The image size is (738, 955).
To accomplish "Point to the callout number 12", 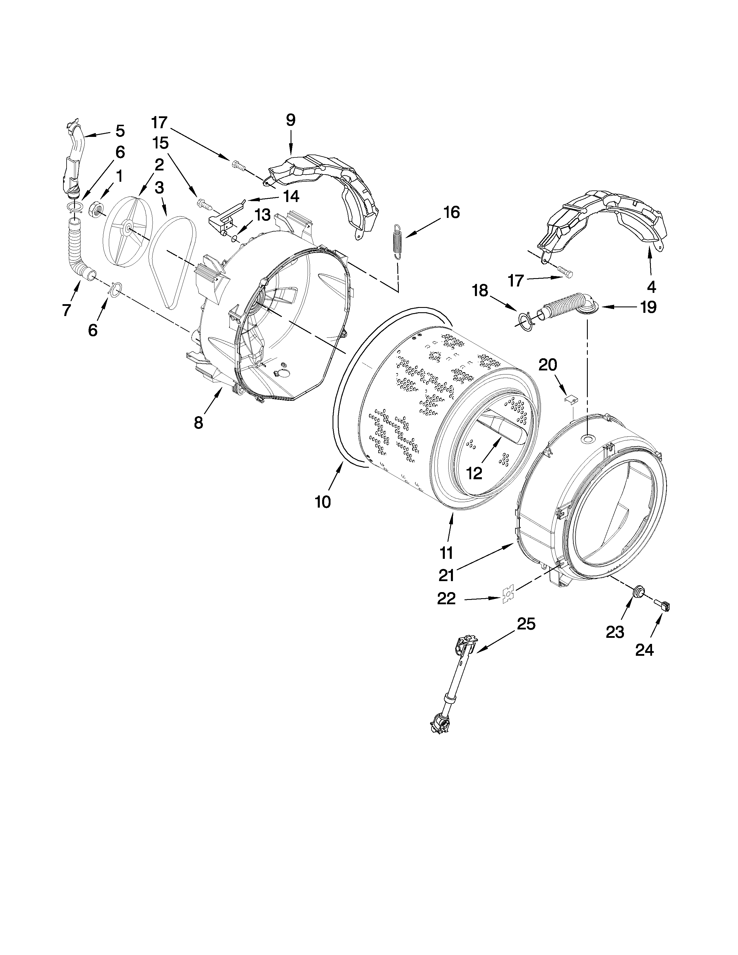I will pos(474,473).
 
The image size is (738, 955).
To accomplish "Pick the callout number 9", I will pos(291,120).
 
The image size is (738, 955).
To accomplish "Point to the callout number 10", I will pos(323,502).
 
